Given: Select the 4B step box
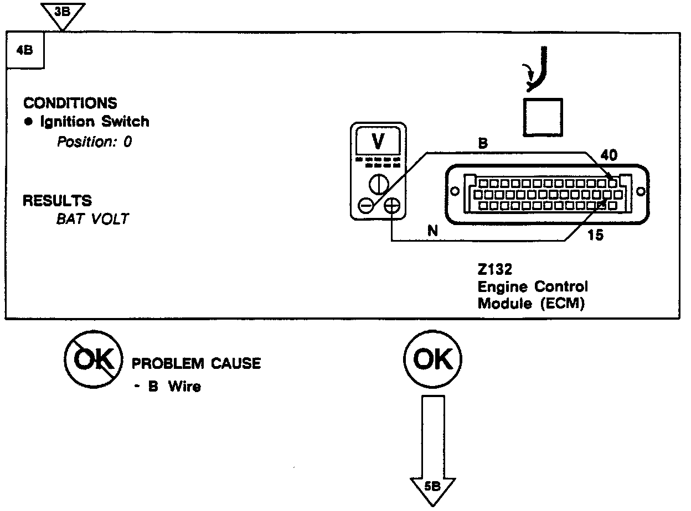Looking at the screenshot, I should point(25,50).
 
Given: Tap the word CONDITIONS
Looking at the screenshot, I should point(70,103).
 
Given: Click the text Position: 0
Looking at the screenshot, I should point(95,142).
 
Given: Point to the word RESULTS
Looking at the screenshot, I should point(58,200).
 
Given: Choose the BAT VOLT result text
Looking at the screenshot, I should point(92,218).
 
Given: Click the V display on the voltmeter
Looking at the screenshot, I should point(378,142).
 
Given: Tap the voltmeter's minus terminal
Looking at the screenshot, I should point(365,206).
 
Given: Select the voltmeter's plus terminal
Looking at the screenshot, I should point(391,206).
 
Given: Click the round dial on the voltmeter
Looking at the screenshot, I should point(378,184).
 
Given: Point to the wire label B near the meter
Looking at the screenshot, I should point(483,143).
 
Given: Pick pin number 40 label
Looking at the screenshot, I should point(609,156).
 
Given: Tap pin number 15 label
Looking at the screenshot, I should point(595,235).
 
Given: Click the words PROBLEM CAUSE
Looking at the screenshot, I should point(195,363).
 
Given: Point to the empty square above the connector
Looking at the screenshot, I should point(543,117).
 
